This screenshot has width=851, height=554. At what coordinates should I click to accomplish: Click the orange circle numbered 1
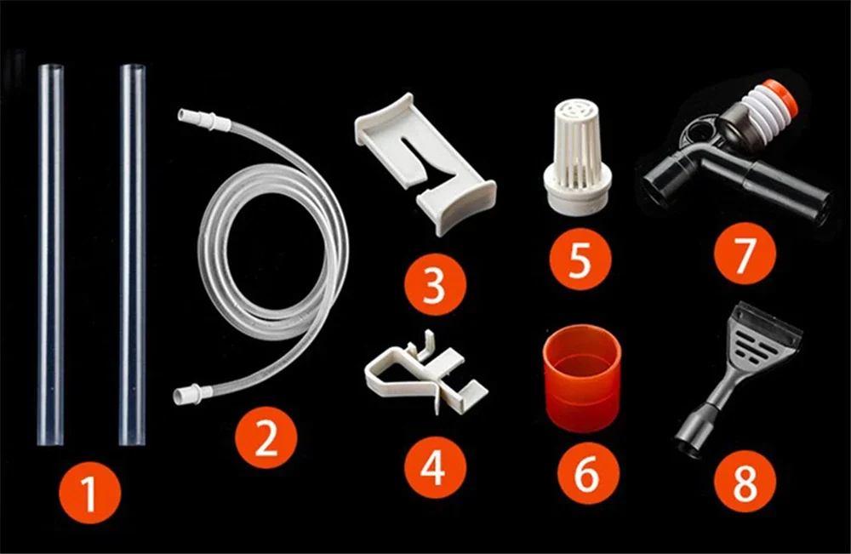89,492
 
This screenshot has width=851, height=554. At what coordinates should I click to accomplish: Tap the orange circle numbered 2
266,438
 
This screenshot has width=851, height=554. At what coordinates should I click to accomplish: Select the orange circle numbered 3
435,284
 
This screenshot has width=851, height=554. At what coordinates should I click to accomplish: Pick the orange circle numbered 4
435,467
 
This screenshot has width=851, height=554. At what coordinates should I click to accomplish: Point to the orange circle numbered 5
580,259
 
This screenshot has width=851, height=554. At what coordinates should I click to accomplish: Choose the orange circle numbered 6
588,472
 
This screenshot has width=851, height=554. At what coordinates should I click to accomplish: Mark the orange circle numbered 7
745,254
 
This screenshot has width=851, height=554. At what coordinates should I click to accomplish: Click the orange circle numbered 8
745,482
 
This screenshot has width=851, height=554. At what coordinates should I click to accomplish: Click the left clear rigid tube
50,255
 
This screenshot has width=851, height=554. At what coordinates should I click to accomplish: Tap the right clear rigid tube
133,255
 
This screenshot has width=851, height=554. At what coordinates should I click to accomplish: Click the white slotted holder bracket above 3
425,163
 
